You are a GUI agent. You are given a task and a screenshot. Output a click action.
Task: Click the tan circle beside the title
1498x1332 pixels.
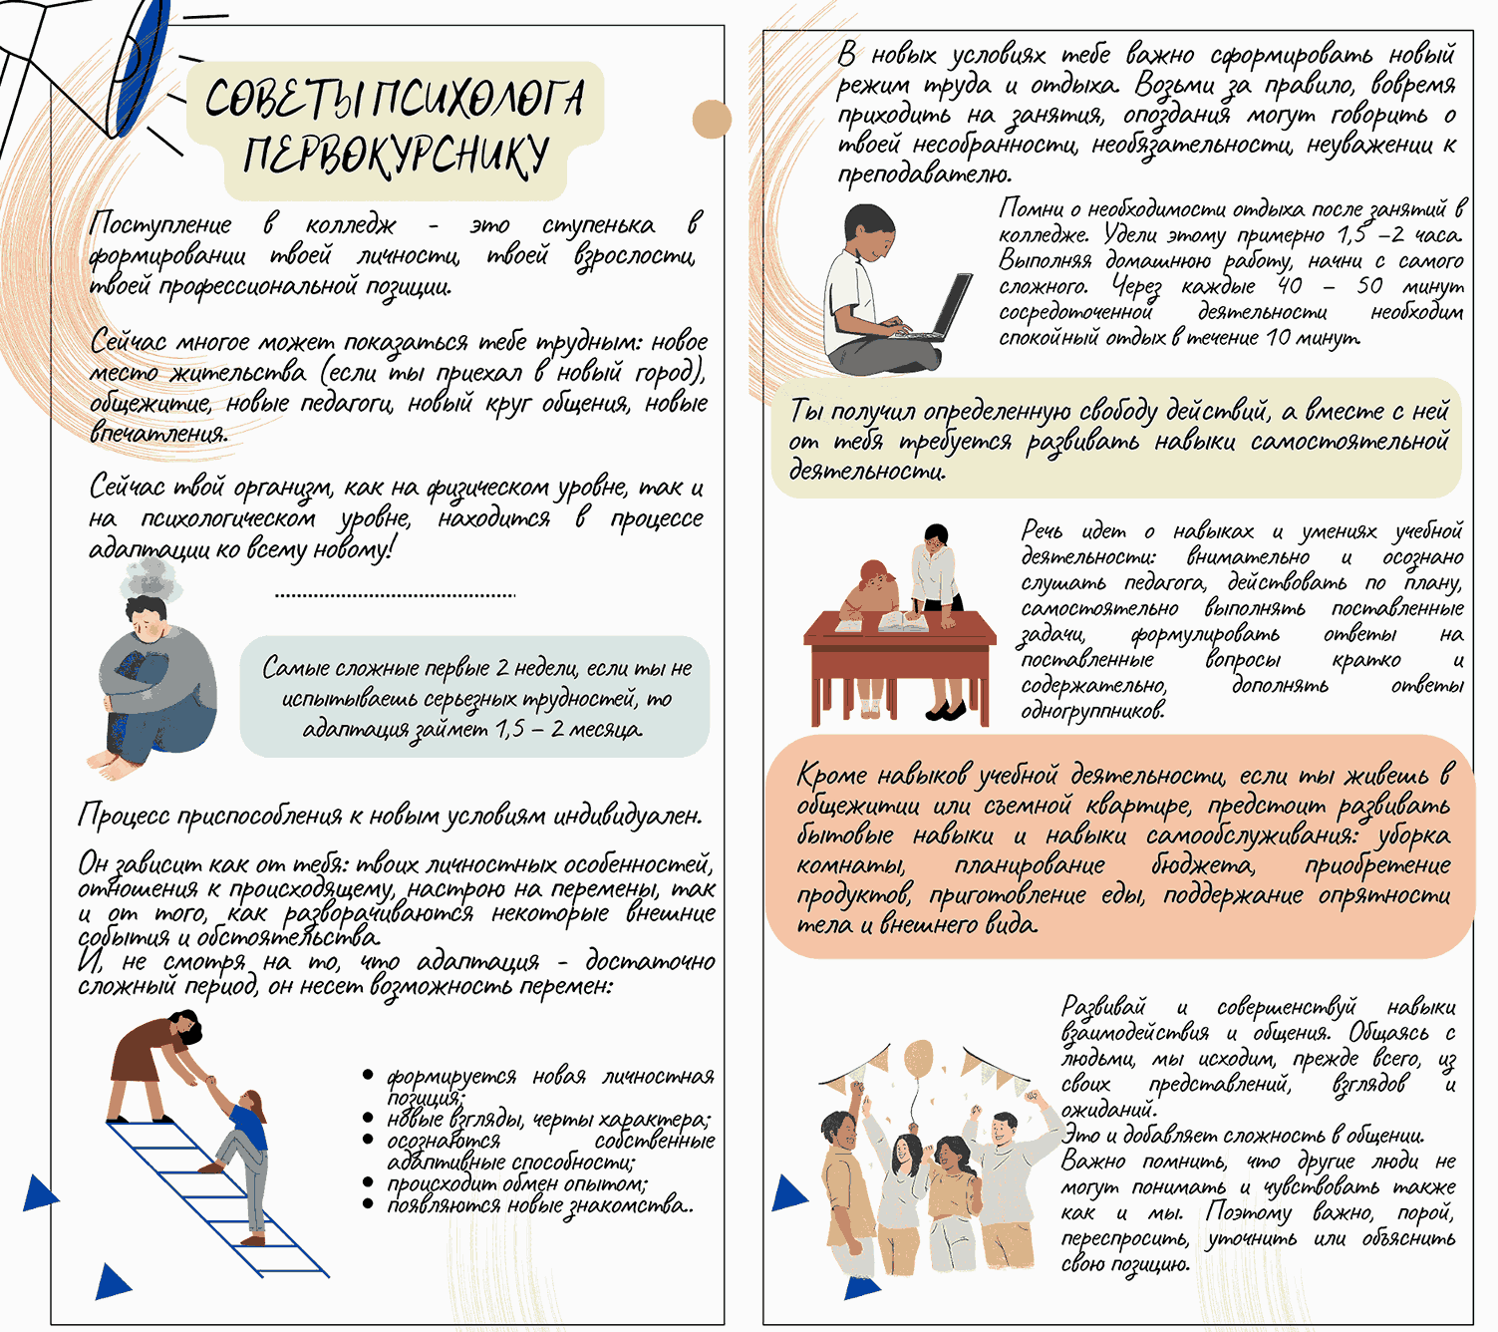pyautogui.click(x=712, y=119)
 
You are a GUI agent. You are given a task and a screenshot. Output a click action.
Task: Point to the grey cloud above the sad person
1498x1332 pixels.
pyautogui.click(x=152, y=578)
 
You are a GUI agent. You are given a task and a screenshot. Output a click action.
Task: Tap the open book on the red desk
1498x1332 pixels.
pyautogui.click(x=903, y=622)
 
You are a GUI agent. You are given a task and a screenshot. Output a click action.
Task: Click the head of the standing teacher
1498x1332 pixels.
pyautogui.click(x=936, y=536)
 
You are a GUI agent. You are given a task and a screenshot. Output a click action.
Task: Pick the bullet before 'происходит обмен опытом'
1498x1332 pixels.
pyautogui.click(x=368, y=1183)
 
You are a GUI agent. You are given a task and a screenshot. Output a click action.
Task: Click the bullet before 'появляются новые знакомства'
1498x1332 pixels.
pyautogui.click(x=368, y=1204)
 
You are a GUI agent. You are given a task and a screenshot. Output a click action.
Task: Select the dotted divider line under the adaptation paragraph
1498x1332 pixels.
pyautogui.click(x=395, y=594)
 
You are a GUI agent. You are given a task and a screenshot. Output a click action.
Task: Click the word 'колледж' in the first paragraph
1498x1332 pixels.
pyautogui.click(x=351, y=225)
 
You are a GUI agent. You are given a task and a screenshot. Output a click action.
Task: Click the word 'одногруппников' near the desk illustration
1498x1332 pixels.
pyautogui.click(x=1092, y=712)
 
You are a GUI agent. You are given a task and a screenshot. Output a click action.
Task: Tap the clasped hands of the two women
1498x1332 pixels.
pyautogui.click(x=209, y=1082)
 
